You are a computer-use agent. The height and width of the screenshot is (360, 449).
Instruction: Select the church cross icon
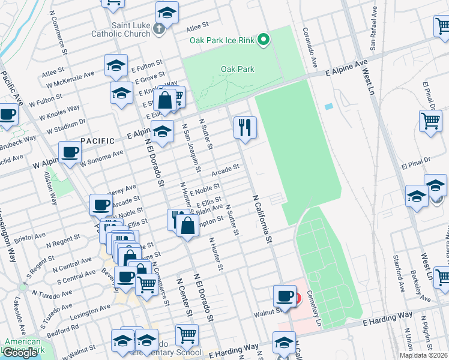tap(159, 28)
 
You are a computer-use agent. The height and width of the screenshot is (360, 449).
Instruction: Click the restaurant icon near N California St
tap(245, 127)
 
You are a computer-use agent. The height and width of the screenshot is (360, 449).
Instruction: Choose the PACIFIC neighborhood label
tap(97, 140)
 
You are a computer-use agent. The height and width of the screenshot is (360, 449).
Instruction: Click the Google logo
tap(20, 353)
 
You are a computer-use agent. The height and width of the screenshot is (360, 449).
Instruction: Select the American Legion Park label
tap(23, 346)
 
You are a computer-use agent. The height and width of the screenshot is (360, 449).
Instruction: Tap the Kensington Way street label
tap(7, 234)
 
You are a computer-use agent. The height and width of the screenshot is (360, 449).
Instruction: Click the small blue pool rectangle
tap(328, 106)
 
